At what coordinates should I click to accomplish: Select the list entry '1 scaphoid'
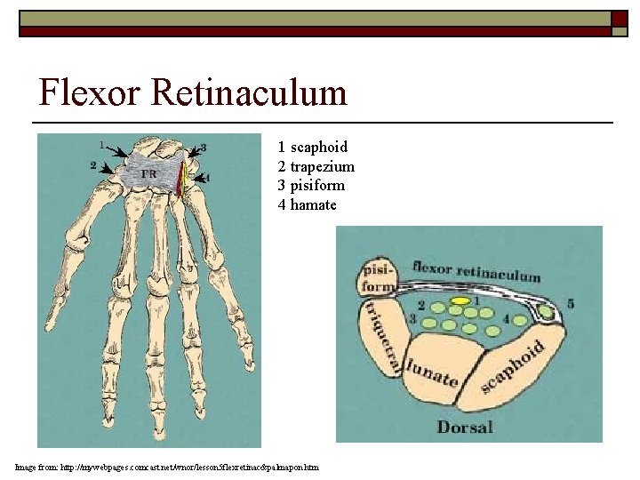[x=312, y=147]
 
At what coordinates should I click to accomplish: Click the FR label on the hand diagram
[x=148, y=173]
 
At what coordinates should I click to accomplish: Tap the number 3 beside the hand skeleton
[x=204, y=148]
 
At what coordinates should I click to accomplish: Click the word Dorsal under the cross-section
[x=465, y=428]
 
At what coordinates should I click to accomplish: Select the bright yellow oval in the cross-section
[x=460, y=301]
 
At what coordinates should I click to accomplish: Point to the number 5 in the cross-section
[x=571, y=304]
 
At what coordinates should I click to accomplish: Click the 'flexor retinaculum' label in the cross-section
[x=476, y=270]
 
